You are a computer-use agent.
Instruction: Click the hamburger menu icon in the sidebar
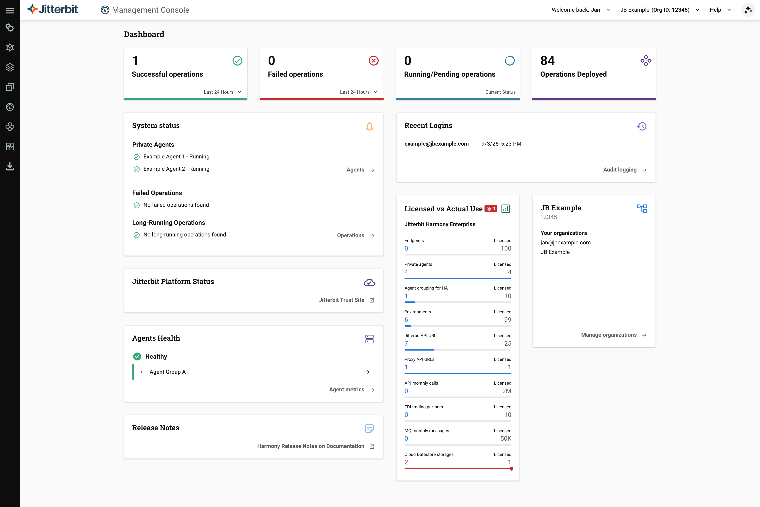tap(10, 11)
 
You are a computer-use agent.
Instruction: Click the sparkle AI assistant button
tap(748, 10)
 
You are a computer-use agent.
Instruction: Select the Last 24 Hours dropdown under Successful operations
tap(222, 92)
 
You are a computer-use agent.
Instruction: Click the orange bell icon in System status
tap(369, 126)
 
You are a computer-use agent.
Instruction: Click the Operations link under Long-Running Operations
tap(355, 236)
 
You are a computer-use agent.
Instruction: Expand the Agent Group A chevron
tap(142, 372)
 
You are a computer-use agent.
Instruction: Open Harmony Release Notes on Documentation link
tap(315, 446)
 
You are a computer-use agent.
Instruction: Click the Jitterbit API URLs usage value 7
tap(406, 343)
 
